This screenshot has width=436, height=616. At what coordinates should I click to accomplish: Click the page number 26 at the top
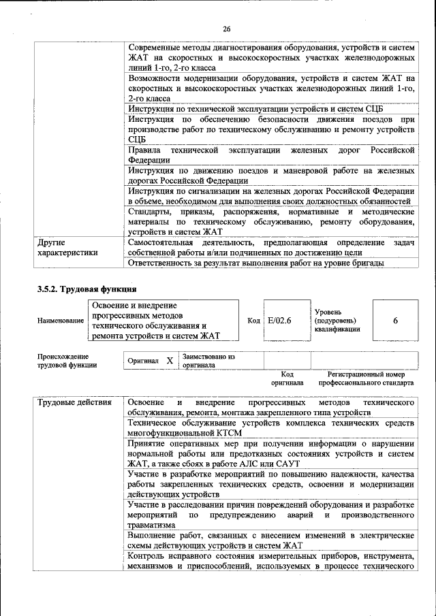[227, 28]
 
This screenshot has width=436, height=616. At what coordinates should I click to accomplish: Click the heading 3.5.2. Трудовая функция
[82, 289]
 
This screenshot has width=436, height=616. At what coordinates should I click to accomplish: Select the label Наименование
[61, 320]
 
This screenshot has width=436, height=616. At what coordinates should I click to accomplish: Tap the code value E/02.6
[279, 320]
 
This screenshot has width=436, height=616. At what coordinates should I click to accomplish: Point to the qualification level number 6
[395, 320]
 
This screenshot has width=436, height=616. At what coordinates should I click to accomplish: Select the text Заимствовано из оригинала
[208, 360]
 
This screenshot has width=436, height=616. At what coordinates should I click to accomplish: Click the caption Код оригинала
[287, 378]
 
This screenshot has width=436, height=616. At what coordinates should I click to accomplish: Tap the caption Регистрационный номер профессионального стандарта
[366, 378]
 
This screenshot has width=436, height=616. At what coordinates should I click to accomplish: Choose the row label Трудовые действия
[74, 402]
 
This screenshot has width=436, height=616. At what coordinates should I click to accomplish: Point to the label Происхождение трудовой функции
[67, 360]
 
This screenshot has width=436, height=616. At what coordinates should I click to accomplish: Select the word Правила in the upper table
[144, 149]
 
